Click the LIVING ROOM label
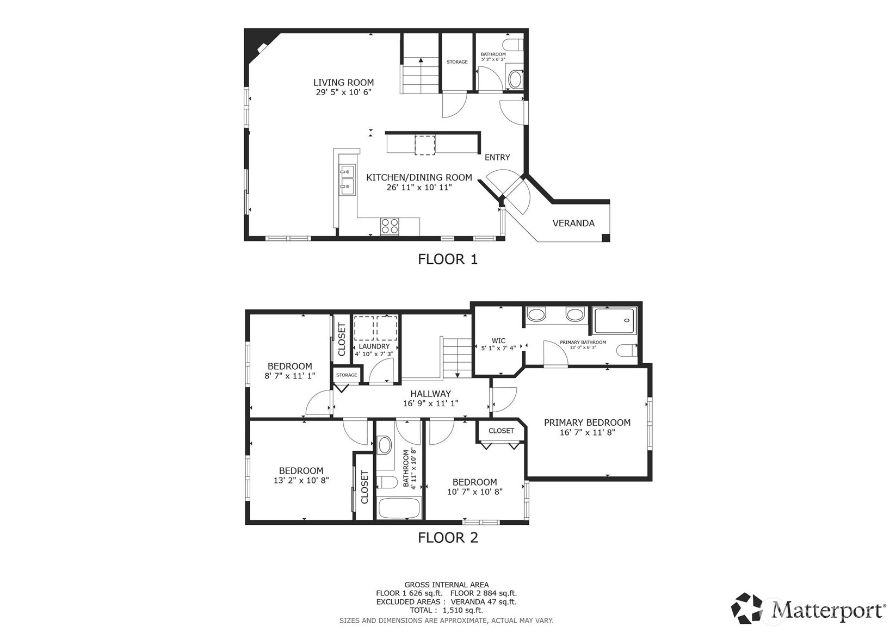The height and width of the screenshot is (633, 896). point(343,83)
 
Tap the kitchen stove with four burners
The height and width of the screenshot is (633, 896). point(390,226)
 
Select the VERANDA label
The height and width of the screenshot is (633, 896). point(573,223)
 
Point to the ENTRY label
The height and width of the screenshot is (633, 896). point(497,158)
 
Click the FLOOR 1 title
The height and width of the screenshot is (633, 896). point(448,259)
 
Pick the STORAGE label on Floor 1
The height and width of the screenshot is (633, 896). point(457,62)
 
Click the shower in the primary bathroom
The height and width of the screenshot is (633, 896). point(614,321)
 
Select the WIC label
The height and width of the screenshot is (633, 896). point(498,340)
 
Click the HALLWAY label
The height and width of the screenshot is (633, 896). point(430,394)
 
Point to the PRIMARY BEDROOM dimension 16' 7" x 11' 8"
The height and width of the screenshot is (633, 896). point(587,432)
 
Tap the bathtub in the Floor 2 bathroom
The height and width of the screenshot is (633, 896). point(398,508)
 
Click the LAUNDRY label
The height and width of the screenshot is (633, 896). point(374,346)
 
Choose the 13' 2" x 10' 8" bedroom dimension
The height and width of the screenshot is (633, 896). point(301,480)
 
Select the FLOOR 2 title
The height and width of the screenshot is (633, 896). point(448,538)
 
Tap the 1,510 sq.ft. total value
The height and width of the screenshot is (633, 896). point(463,610)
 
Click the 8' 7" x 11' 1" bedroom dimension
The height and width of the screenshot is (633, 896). point(290,376)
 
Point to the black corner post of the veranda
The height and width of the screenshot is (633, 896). point(605,238)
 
